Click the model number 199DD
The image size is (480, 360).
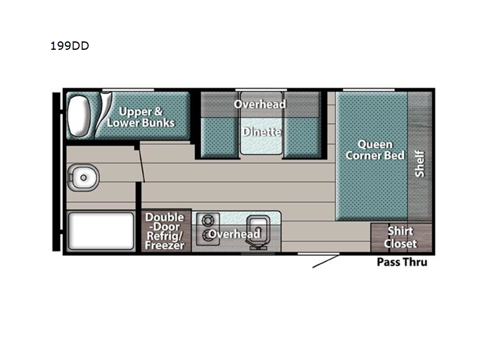coord(70,46)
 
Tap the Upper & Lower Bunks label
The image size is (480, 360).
coord(141,117)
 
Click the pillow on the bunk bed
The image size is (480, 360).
coord(79,116)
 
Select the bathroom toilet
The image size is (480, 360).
coord(83,178)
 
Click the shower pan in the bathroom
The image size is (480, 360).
coord(101,231)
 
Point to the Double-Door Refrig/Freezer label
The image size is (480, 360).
coord(164,231)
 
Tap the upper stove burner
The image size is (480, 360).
coord(208,220)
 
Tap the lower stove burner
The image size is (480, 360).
coord(208,235)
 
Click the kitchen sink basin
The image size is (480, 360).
coord(259,230)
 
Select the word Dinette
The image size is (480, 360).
coord(262,132)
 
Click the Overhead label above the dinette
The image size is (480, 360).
coord(260,104)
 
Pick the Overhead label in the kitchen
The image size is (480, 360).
coord(235,234)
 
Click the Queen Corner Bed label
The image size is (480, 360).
coord(375,149)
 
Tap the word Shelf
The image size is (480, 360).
coord(419,164)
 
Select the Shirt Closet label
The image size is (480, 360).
coord(400,237)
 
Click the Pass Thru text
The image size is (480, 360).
coord(402,262)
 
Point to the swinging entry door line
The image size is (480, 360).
coord(326,261)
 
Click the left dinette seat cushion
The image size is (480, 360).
coord(220,138)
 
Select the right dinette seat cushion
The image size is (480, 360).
coord(302,138)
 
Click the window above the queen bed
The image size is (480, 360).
coord(368,90)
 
